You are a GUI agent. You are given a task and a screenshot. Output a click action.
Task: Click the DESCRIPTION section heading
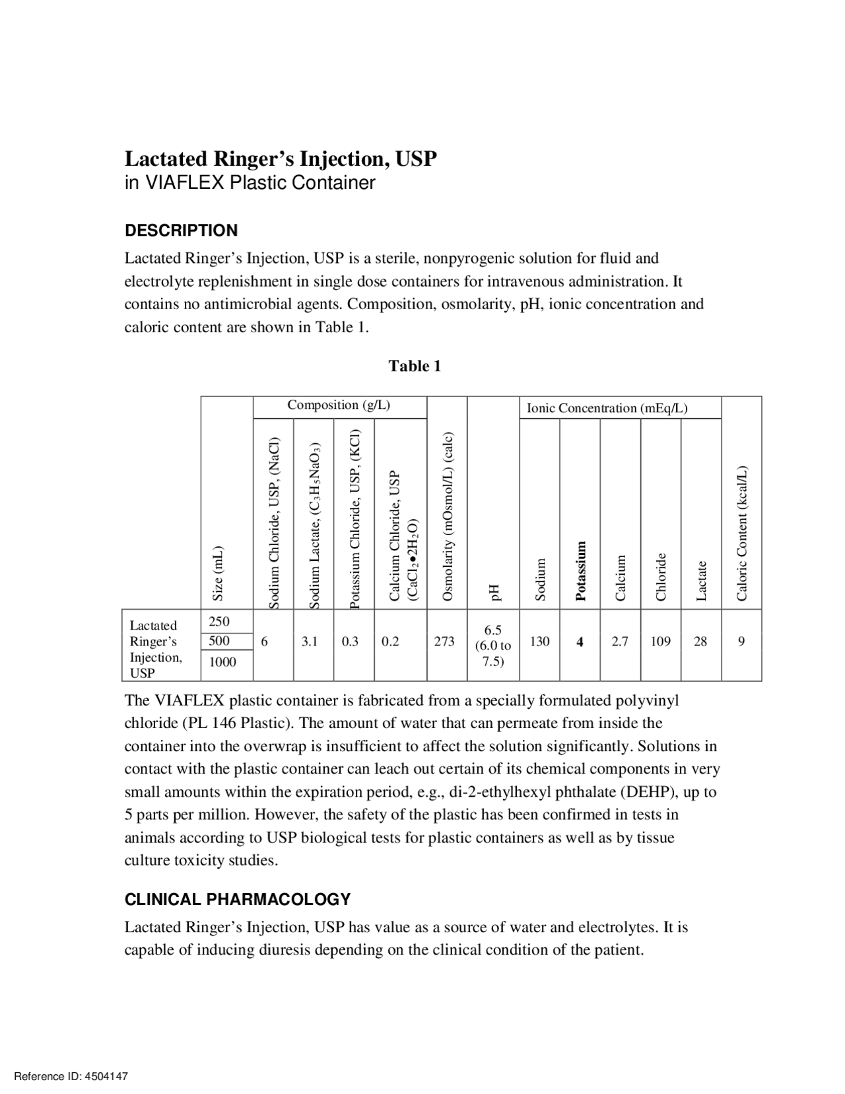tap(181, 231)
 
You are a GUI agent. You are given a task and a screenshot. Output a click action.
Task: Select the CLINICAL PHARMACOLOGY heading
tap(238, 899)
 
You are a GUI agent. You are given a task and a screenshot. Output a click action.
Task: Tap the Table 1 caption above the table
tap(415, 366)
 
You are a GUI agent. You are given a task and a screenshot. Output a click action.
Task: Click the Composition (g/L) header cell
tap(339, 405)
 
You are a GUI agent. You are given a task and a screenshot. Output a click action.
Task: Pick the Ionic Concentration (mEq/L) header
tap(607, 408)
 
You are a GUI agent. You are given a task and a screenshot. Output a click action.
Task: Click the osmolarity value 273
tap(444, 641)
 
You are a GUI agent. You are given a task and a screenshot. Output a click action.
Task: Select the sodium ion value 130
tap(539, 641)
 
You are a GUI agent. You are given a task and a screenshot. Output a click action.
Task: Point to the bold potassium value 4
tap(580, 641)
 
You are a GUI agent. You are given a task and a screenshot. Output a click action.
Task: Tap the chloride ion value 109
tap(660, 641)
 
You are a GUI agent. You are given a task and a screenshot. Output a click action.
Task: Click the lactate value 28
tap(700, 641)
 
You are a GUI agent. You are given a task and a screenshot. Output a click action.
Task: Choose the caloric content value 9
tap(741, 641)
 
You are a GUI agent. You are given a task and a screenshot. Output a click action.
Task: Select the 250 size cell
tap(219, 621)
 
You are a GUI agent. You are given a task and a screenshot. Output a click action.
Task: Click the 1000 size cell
tap(222, 662)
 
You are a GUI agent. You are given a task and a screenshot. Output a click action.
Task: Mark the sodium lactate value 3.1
tap(310, 641)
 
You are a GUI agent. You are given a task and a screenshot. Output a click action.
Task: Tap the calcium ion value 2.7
tap(619, 641)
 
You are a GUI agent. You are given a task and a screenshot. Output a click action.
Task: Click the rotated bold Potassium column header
tap(580, 571)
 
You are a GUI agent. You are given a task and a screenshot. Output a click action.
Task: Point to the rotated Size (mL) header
tap(218, 573)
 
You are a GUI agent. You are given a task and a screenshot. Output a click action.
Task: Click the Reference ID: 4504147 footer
tap(71, 1076)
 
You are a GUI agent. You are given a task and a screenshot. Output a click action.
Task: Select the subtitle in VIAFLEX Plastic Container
tap(250, 183)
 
